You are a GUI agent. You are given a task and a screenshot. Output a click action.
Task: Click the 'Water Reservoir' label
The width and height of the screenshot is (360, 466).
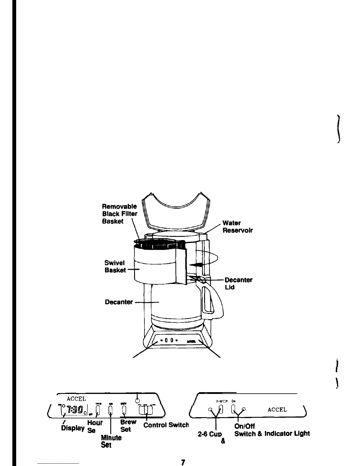[x=237, y=227]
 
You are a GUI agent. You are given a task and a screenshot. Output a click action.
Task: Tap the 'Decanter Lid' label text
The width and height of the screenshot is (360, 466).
[x=238, y=283]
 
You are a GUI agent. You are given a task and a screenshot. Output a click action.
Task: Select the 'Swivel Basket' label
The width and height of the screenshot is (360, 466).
[x=115, y=266]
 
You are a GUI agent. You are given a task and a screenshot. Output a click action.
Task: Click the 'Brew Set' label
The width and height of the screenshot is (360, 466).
[x=128, y=425]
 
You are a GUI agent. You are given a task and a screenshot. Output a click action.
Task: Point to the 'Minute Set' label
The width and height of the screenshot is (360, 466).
[x=111, y=441]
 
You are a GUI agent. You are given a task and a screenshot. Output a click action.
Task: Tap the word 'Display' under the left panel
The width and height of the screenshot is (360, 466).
[x=73, y=428]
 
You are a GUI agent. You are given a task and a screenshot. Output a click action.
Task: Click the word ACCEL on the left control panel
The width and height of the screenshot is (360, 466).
[x=76, y=399]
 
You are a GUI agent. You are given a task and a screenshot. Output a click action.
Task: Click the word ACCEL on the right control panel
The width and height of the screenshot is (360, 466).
[x=277, y=410]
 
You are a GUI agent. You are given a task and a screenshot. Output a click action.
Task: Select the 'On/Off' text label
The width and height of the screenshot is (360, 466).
[x=244, y=426]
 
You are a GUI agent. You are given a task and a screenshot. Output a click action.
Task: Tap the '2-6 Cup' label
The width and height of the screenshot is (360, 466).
[x=210, y=434]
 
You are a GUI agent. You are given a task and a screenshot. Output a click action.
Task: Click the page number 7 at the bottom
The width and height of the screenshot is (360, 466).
[x=183, y=462]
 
